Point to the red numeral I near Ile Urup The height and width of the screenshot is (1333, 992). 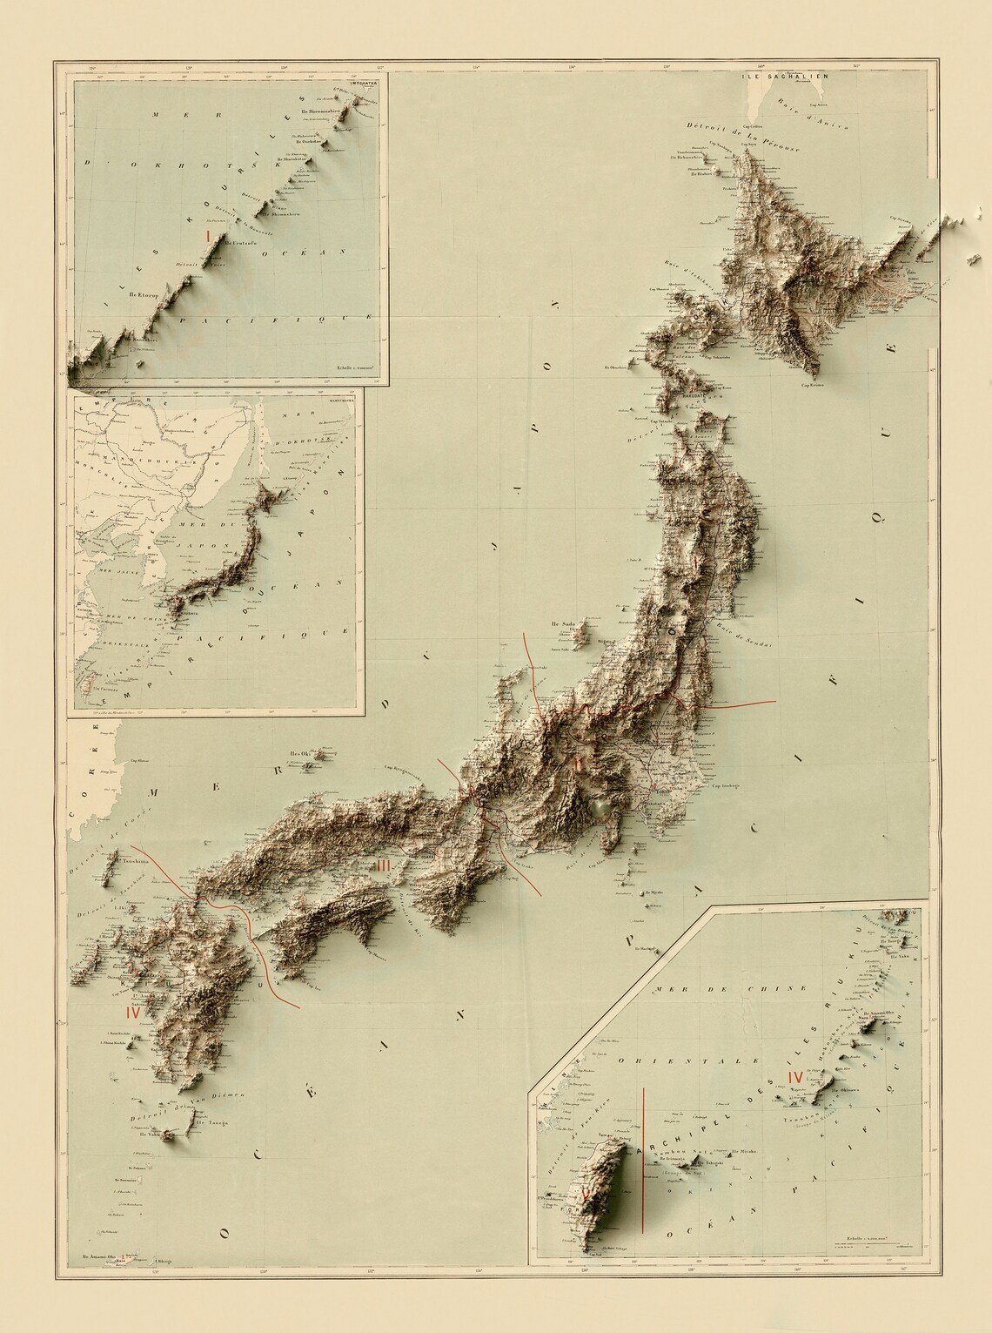(x=207, y=235)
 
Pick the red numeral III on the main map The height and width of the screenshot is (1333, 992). (x=385, y=865)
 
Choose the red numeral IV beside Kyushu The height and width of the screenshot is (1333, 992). (x=133, y=1013)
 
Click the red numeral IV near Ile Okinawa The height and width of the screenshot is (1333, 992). (x=794, y=1077)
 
